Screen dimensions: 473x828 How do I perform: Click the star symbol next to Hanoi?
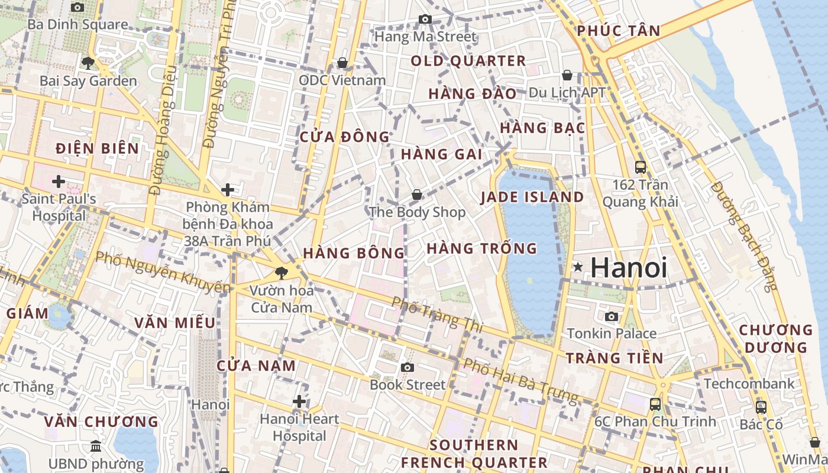(x=578, y=267)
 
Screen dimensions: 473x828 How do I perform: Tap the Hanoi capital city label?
(x=629, y=267)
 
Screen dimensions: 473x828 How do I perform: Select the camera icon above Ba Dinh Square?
(x=77, y=8)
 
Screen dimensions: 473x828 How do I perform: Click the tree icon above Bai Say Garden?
(x=88, y=63)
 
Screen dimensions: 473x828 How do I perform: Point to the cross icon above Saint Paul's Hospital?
(x=58, y=181)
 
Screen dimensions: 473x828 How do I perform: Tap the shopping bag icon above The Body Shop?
(x=417, y=195)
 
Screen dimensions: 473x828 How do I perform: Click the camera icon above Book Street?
(x=407, y=367)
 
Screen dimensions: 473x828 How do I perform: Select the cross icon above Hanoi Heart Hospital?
(x=299, y=402)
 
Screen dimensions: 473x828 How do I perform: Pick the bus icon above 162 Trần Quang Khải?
(x=640, y=167)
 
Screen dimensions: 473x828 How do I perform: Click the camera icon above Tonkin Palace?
(x=612, y=316)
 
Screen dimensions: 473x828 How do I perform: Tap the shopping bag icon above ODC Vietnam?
(x=342, y=63)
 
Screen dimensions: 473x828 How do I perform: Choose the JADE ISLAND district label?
(x=532, y=197)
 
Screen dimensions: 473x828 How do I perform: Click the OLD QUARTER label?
(x=468, y=61)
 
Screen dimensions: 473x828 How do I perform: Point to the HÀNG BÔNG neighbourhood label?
(x=354, y=253)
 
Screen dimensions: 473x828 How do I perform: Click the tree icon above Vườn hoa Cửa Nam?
(x=282, y=273)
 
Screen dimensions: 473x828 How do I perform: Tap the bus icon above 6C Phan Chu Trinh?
(x=655, y=404)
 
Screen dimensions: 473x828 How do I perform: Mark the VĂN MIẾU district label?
(x=174, y=323)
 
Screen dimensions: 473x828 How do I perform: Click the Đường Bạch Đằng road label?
(x=744, y=237)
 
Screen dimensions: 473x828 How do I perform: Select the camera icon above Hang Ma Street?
(x=425, y=20)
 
